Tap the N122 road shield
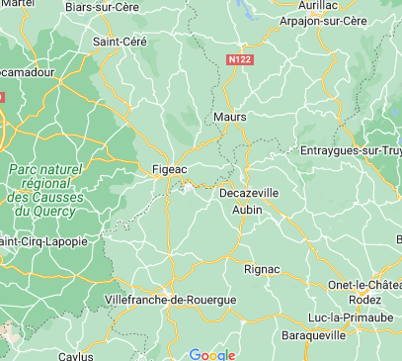(238, 59)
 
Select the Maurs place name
(230, 118)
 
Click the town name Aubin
(247, 211)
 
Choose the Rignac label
(262, 268)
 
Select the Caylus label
(73, 355)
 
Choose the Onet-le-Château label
(364, 285)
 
